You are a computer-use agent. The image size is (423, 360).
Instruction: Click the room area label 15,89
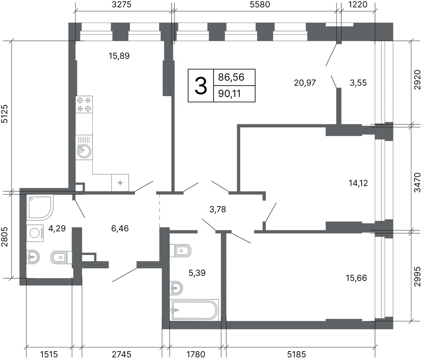point(119,56)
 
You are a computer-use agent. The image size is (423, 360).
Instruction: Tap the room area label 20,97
point(305,83)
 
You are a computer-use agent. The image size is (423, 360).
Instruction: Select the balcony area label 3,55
point(358,83)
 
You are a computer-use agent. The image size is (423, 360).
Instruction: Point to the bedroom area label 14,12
point(358,183)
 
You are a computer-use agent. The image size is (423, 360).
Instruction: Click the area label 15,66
point(356,278)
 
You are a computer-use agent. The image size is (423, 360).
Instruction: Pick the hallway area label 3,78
point(217,210)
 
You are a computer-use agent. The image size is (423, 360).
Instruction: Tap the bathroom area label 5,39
point(197,273)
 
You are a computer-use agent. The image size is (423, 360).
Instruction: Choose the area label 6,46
point(120,229)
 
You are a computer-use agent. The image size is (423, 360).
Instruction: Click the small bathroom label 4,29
point(57,229)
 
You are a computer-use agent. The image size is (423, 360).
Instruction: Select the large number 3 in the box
point(201,86)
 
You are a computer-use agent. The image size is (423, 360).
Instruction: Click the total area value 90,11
point(229,94)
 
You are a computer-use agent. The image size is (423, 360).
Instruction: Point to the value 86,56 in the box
point(231,77)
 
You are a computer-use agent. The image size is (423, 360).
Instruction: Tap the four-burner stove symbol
point(84,104)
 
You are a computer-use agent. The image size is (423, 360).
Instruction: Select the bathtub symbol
point(194,310)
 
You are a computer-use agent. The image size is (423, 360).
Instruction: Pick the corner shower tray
point(40,207)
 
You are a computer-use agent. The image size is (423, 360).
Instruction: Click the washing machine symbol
point(35,233)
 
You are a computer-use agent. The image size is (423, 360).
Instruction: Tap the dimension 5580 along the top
point(260,5)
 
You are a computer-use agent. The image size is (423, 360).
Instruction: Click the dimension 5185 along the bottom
point(296,354)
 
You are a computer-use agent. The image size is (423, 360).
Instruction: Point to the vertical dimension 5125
point(5,114)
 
